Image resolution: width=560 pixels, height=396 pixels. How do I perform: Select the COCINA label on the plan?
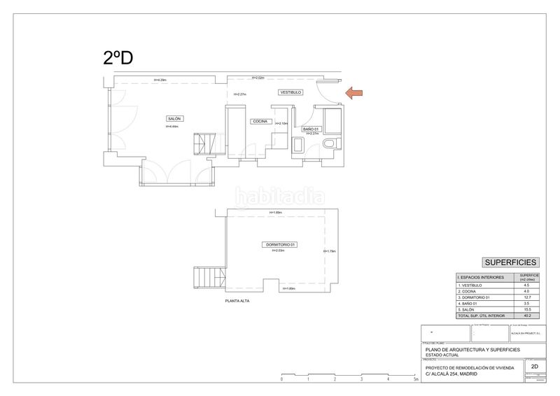coord(260,121)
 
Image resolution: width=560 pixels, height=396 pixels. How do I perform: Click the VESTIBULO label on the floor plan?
coord(290,92)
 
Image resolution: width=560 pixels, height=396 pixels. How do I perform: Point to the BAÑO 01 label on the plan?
coord(311,129)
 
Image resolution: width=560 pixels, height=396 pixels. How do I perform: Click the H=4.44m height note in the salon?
coord(172,127)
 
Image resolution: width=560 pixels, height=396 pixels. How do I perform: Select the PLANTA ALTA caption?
coord(237,301)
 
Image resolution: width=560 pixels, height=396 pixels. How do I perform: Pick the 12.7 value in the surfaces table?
coord(526,297)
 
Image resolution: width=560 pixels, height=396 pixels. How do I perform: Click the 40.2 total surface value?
coord(526,316)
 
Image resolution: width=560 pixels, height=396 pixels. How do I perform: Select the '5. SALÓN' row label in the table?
coord(467,310)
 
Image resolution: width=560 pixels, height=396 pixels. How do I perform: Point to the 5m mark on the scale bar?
coord(415,379)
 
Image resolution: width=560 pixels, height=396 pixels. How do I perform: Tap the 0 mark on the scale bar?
coord(281,379)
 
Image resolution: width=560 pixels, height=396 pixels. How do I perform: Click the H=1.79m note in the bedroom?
coord(329,252)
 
